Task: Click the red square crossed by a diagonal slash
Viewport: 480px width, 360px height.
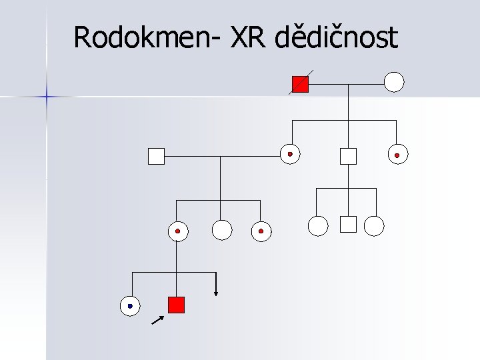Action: point(301,84)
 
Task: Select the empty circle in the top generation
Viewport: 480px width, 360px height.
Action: point(394,82)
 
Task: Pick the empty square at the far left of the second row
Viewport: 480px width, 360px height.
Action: point(156,156)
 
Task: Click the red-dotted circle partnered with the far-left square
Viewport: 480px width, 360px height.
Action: point(289,154)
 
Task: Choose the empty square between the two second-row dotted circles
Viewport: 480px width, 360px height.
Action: point(348,156)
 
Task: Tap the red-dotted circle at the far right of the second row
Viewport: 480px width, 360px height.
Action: point(397,155)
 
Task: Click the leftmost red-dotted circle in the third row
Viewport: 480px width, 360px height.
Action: point(177,231)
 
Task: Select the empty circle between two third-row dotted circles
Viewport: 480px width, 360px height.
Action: point(221,230)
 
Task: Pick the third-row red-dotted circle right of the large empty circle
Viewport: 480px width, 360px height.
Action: point(261,231)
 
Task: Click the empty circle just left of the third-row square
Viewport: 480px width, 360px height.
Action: point(318,226)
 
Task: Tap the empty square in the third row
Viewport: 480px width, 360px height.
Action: point(348,225)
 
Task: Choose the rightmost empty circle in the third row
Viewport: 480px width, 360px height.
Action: point(375,226)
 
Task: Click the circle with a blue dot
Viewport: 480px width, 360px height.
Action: point(130,306)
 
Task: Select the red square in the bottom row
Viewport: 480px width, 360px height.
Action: point(176,305)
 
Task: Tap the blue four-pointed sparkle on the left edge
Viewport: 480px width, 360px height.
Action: point(47,97)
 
